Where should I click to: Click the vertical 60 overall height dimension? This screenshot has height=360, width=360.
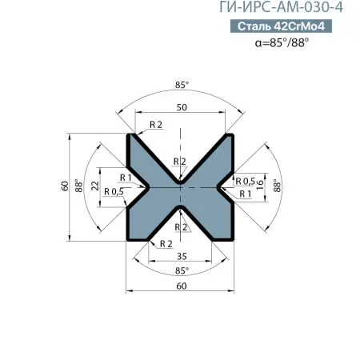pyautogui.click(x=65, y=186)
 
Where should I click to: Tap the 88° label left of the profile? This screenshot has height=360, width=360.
pyautogui.click(x=78, y=186)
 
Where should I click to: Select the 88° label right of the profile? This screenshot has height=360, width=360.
pyautogui.click(x=278, y=186)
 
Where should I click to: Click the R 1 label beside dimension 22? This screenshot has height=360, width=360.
pyautogui.click(x=125, y=177)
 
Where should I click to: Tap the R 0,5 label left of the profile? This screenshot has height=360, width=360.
pyautogui.click(x=114, y=192)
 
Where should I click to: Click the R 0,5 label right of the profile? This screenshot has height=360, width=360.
pyautogui.click(x=245, y=180)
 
